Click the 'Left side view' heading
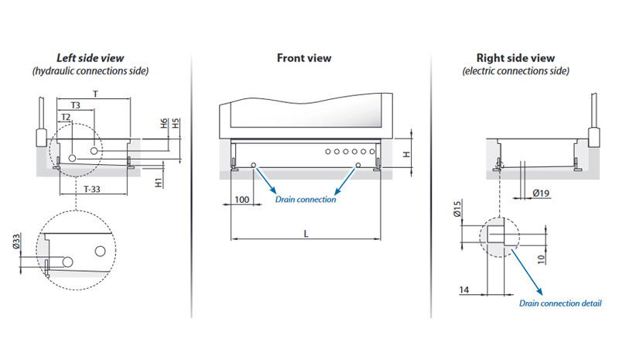[x=91, y=58]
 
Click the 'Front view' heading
[x=304, y=58]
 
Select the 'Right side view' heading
[x=516, y=58]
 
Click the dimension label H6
[x=164, y=124]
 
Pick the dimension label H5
[x=176, y=124]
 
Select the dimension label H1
[x=158, y=183]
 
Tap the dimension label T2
[x=66, y=118]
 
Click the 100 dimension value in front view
[x=241, y=200]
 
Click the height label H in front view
[x=407, y=154]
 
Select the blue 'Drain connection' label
[x=306, y=200]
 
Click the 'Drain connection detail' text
[x=559, y=303]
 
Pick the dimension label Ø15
[x=457, y=210]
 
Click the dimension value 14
[x=463, y=290]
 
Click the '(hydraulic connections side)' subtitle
[x=91, y=70]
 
